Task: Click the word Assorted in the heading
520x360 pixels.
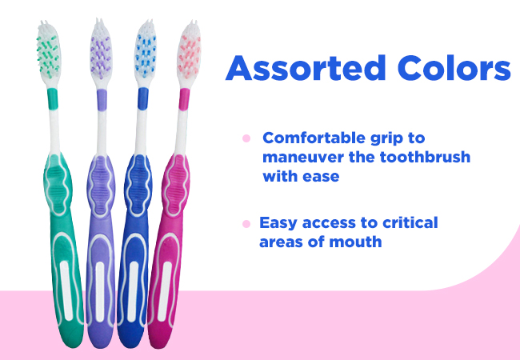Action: pos(306,68)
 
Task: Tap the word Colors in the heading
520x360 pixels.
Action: pos(454,68)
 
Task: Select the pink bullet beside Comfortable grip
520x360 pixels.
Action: pos(246,138)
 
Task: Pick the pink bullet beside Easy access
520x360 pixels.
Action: pos(246,224)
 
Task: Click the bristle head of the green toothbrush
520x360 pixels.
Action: pos(49,53)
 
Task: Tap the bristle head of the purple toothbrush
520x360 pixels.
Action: pos(101,52)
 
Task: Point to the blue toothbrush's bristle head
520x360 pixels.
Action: pos(145,53)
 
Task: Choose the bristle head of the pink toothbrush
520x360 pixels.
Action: pos(189,53)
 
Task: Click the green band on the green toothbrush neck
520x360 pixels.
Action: pos(52,98)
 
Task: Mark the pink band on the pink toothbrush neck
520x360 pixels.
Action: pos(184,99)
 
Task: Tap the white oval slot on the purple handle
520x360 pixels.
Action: pos(100,291)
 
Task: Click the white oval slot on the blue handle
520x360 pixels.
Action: pos(133,291)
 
